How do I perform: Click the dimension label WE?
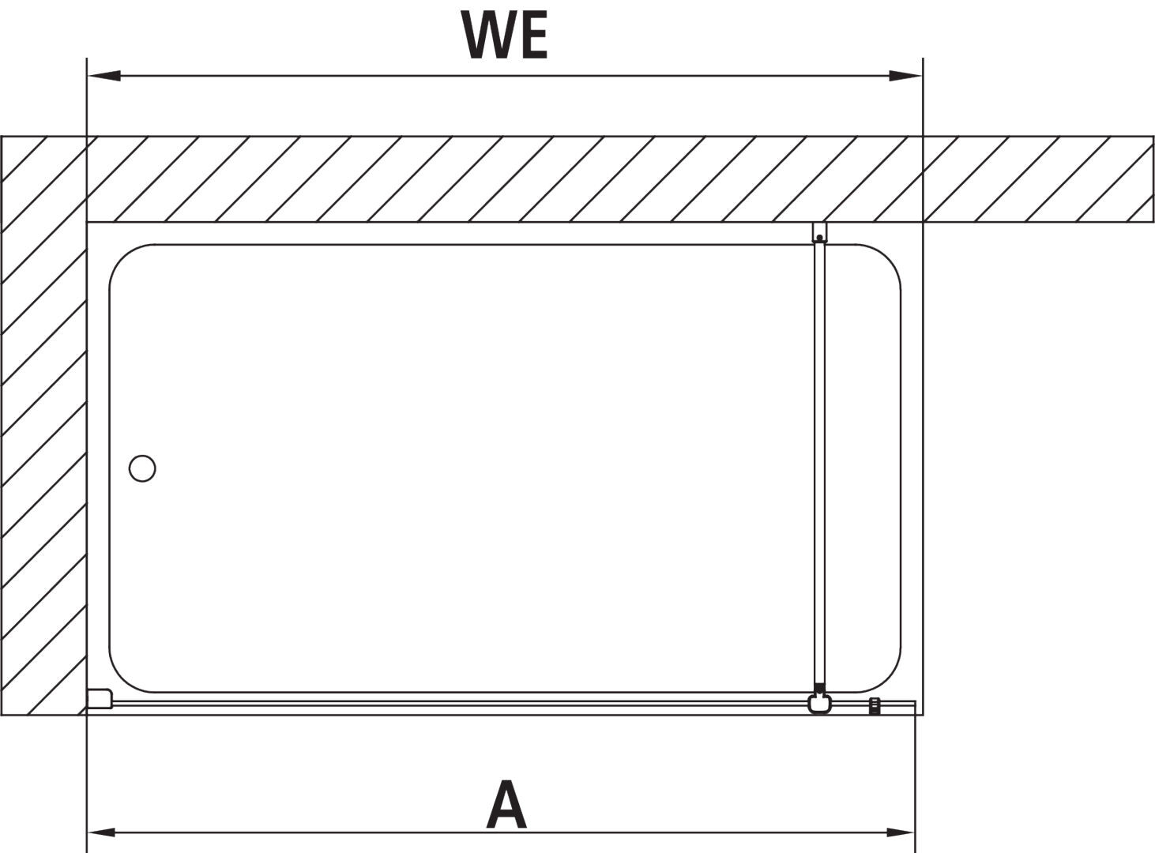pyautogui.click(x=504, y=35)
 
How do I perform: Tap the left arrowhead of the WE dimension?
pyautogui.click(x=104, y=76)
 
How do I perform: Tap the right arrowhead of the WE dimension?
pyautogui.click(x=905, y=76)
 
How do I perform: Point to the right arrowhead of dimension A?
pyautogui.click(x=901, y=832)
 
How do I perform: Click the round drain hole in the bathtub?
pyautogui.click(x=142, y=468)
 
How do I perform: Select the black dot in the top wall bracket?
pyautogui.click(x=820, y=238)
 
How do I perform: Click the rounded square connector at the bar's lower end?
pyautogui.click(x=820, y=704)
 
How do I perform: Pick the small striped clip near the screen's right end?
pyautogui.click(x=875, y=706)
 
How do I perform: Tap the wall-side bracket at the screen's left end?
pyautogui.click(x=100, y=699)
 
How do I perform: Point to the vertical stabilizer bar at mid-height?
pyautogui.click(x=820, y=464)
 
